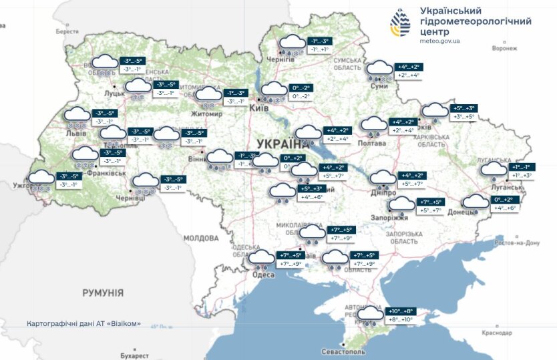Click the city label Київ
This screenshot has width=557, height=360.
258,108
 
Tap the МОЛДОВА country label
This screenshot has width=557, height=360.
201,238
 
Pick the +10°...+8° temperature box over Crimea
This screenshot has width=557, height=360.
401,311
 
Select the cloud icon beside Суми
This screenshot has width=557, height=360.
379,69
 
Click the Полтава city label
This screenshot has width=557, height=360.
372,143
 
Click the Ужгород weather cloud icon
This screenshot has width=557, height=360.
41,179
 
